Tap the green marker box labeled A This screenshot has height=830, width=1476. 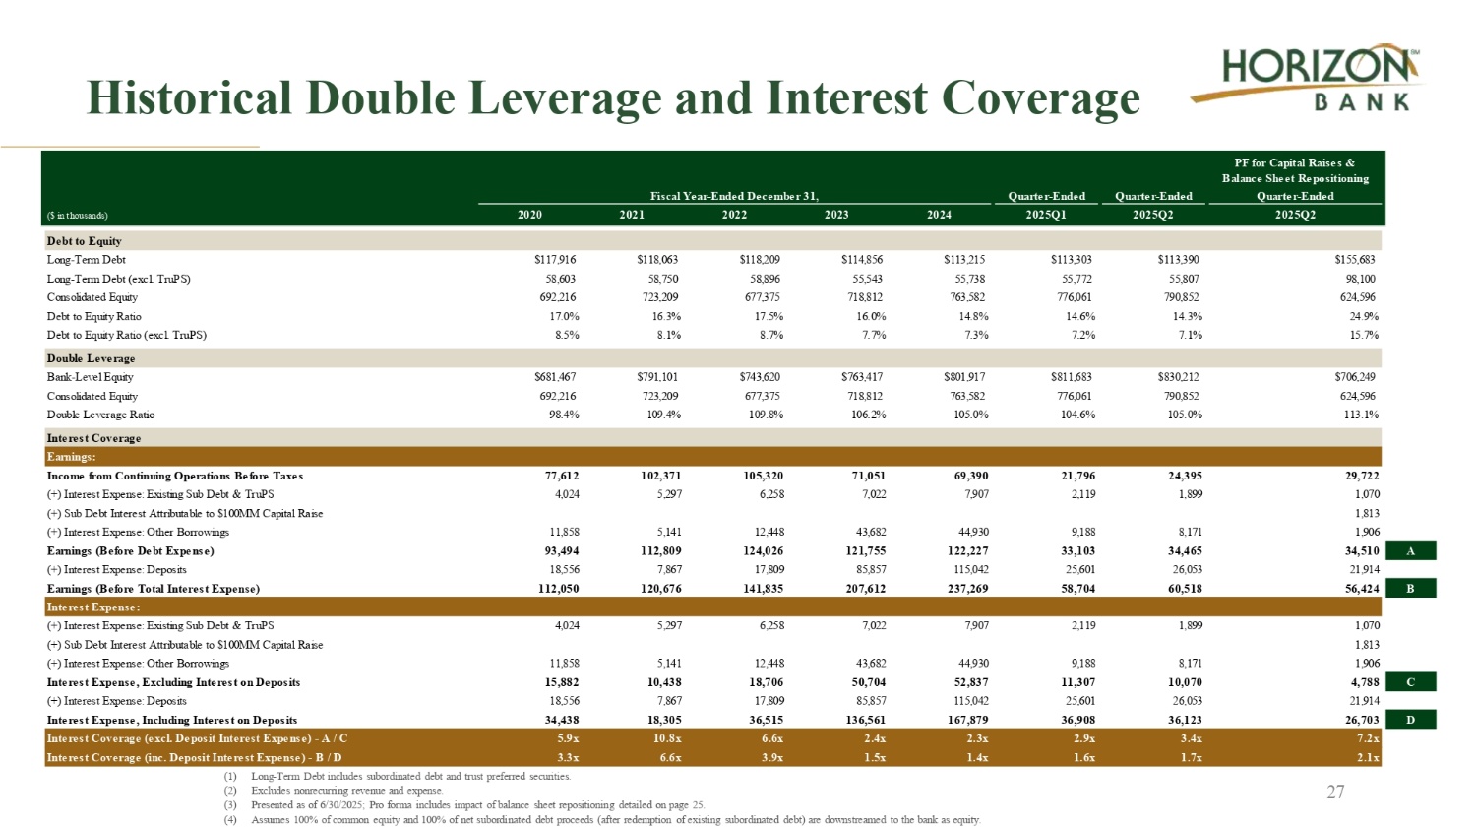point(1409,551)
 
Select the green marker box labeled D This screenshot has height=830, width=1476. point(1409,720)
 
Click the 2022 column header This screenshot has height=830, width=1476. point(734,215)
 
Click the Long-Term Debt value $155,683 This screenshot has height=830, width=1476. point(1354,260)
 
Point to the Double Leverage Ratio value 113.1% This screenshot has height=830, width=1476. point(1361,415)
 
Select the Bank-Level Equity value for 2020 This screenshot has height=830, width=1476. point(554,377)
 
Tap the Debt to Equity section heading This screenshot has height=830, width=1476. point(84,241)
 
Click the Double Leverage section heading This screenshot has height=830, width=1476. point(91,358)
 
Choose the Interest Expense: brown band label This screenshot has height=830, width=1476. point(93,607)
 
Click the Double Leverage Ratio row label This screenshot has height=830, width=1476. point(100,415)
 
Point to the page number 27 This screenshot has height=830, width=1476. point(1335,792)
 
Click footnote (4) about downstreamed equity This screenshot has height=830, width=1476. point(615,819)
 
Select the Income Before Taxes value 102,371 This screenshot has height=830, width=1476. point(660,476)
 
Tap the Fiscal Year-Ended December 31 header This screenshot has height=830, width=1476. point(734,196)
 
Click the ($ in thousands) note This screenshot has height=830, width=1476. point(78,216)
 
